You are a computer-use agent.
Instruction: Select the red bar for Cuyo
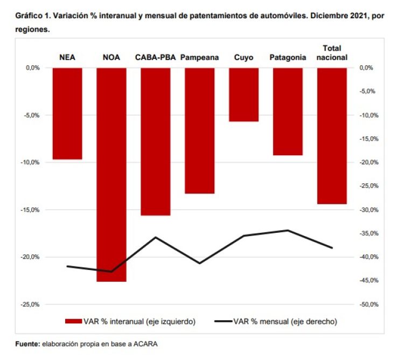click(x=243, y=94)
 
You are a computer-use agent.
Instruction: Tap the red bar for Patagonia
click(x=288, y=111)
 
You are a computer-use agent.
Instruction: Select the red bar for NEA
click(x=67, y=113)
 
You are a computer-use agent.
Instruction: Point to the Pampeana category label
click(x=199, y=57)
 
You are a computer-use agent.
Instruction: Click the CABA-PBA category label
click(x=156, y=57)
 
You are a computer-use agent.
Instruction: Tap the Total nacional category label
click(x=332, y=53)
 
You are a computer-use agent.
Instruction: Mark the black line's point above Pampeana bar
click(x=199, y=263)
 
